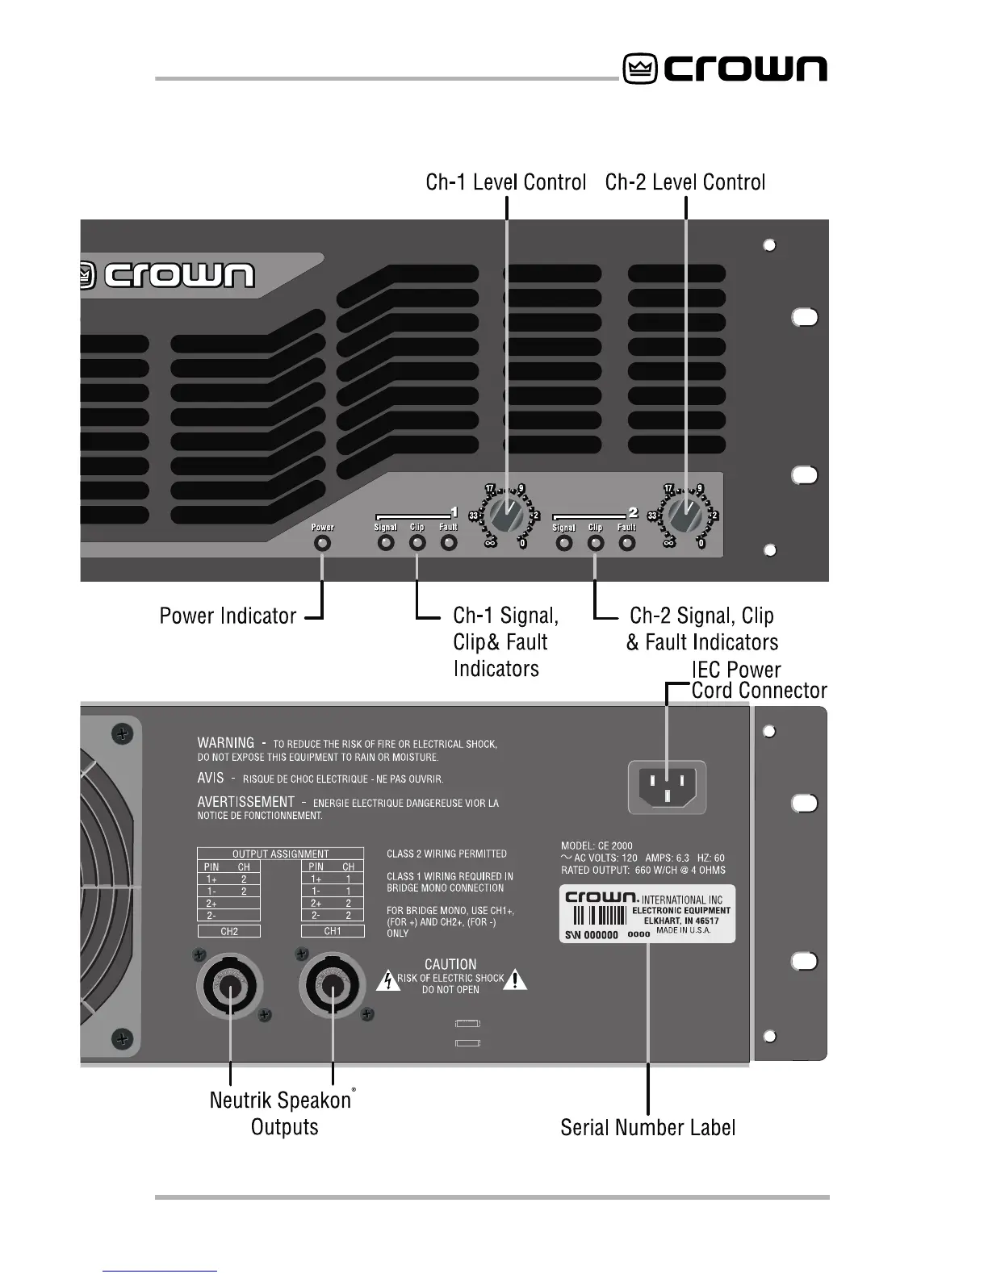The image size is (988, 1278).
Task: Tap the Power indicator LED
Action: (322, 543)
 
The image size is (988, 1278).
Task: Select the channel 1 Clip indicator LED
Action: (417, 543)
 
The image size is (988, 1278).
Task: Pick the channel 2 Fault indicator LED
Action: (627, 543)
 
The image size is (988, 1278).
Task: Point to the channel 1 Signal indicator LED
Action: (386, 543)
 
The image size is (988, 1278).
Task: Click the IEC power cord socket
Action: (667, 787)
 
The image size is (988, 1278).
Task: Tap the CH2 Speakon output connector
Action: (231, 987)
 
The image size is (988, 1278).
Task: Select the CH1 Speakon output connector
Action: (333, 987)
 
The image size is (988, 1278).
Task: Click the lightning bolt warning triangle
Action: (388, 980)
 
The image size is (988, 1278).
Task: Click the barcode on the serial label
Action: (600, 916)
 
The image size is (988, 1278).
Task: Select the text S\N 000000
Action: (590, 935)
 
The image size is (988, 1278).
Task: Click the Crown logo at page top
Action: (724, 69)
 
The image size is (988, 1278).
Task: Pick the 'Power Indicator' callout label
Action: (228, 616)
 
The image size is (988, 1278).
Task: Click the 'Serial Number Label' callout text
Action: (647, 1127)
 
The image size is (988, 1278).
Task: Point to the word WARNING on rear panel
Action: (225, 742)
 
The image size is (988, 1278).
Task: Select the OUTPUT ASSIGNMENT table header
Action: (280, 854)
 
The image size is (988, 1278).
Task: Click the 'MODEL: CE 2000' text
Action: (597, 846)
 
